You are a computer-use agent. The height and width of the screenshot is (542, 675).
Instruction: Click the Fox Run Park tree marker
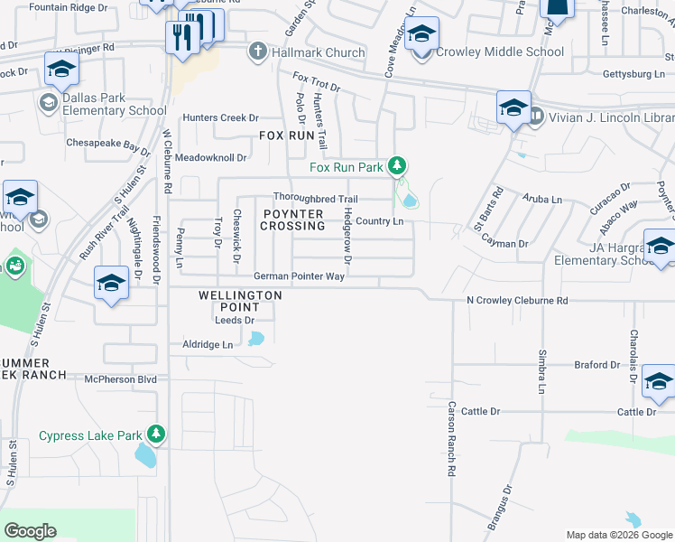click(396, 165)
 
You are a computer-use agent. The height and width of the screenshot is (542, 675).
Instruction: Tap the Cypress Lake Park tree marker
click(157, 435)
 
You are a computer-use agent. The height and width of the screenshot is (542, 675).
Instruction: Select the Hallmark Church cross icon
click(258, 52)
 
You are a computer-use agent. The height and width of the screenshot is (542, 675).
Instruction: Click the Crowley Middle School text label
click(500, 51)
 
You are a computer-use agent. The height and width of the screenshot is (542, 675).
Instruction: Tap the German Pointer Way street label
click(299, 276)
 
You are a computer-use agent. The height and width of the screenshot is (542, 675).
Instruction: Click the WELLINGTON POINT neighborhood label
click(241, 301)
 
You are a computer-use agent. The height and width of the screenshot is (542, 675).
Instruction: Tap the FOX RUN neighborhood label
click(286, 135)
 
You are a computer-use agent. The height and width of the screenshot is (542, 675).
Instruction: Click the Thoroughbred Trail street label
click(316, 199)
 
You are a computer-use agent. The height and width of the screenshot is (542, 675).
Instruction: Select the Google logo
click(30, 531)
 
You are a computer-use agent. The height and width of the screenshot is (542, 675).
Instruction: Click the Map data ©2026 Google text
click(619, 535)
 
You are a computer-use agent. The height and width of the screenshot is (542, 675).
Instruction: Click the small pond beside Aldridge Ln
click(256, 339)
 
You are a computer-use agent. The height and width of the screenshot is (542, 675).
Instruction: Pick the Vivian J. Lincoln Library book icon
click(536, 115)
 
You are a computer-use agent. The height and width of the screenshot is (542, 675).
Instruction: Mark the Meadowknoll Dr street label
click(211, 157)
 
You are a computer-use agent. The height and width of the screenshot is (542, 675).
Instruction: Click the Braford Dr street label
click(597, 365)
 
